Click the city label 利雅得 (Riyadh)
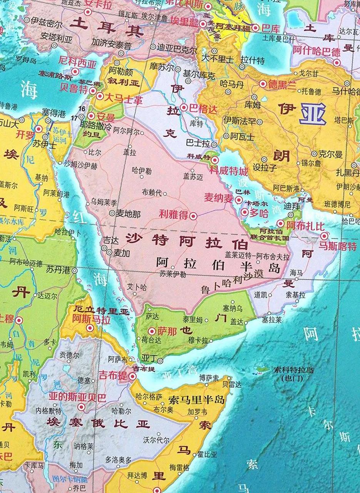click(173, 215)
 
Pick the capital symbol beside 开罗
click(39, 129)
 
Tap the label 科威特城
click(229, 170)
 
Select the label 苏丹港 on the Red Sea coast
click(58, 269)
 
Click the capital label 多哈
click(259, 213)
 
